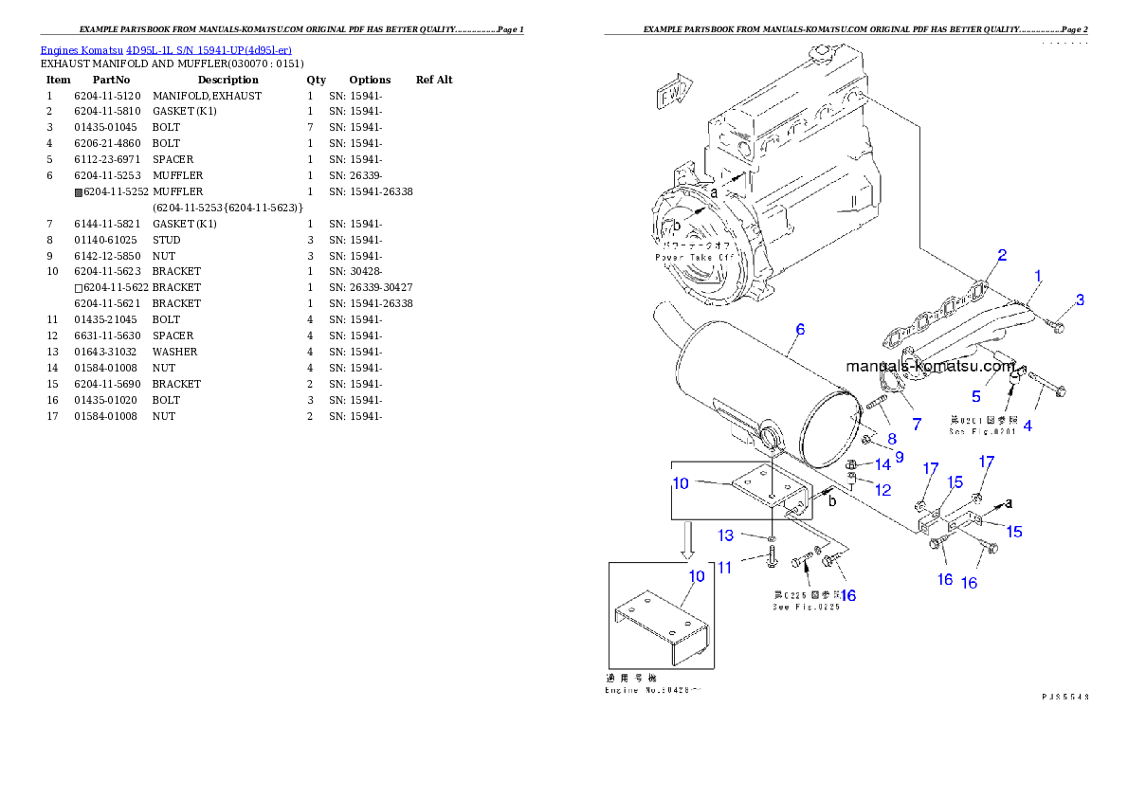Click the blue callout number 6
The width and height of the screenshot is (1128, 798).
pos(800,330)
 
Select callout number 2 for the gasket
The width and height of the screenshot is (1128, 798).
pos(1001,255)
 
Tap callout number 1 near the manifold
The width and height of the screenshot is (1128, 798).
pos(1038,277)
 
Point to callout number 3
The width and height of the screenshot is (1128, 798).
pos(1080,300)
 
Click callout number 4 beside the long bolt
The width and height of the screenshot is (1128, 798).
pos(1027,426)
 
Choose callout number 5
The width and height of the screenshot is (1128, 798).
pos(975,396)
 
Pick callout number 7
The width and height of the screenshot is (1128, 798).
pos(916,422)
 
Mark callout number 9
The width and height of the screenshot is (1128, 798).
pos(899,457)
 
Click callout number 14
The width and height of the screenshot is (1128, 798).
pos(882,464)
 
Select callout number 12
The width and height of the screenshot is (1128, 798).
pos(882,490)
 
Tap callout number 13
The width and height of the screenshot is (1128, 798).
pos(725,536)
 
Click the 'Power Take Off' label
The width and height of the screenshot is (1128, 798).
pos(694,257)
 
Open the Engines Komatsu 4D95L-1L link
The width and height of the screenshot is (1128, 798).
pos(166,49)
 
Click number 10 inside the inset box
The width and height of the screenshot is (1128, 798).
pos(696,576)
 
